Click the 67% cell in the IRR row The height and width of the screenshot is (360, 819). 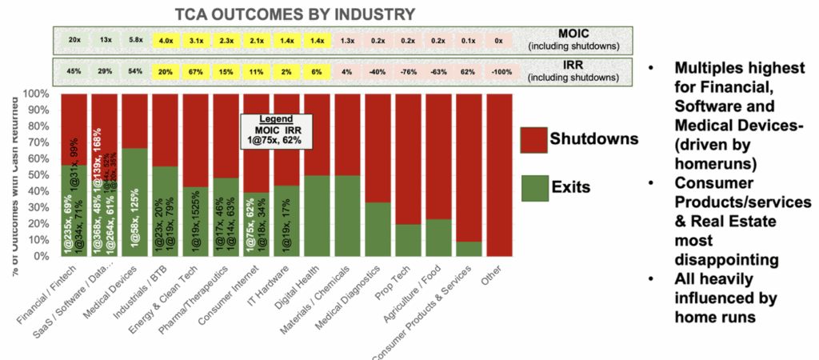pyautogui.click(x=197, y=71)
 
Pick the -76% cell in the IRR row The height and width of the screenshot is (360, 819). pyautogui.click(x=409, y=71)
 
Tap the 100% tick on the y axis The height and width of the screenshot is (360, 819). pyautogui.click(x=40, y=94)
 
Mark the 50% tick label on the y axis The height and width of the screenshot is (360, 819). pyautogui.click(x=42, y=175)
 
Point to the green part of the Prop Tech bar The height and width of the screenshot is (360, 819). pyautogui.click(x=409, y=240)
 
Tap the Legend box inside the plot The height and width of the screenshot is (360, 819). pyautogui.click(x=277, y=130)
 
